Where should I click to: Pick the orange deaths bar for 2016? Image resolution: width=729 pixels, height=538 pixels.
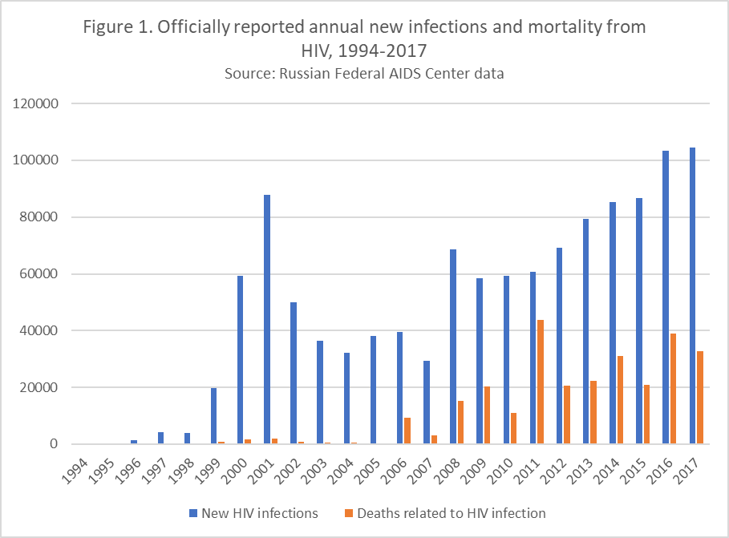(673, 389)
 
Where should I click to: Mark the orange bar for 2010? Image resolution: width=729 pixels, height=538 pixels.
(514, 428)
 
